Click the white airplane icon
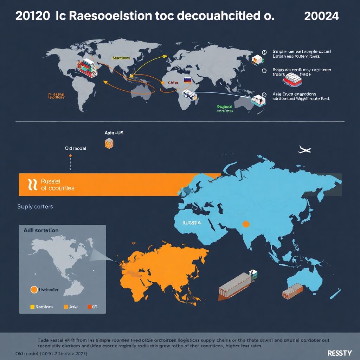click(304, 150)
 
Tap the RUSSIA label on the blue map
click(192, 223)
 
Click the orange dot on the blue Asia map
click(246, 224)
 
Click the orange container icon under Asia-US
click(109, 143)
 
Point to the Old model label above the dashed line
click(76, 148)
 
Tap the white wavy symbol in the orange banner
click(32, 184)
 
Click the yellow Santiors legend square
click(33, 307)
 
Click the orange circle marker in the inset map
click(34, 290)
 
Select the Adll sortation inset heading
click(41, 230)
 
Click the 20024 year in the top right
click(322, 16)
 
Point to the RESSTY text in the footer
click(339, 353)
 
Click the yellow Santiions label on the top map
click(121, 58)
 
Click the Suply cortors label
click(35, 207)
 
